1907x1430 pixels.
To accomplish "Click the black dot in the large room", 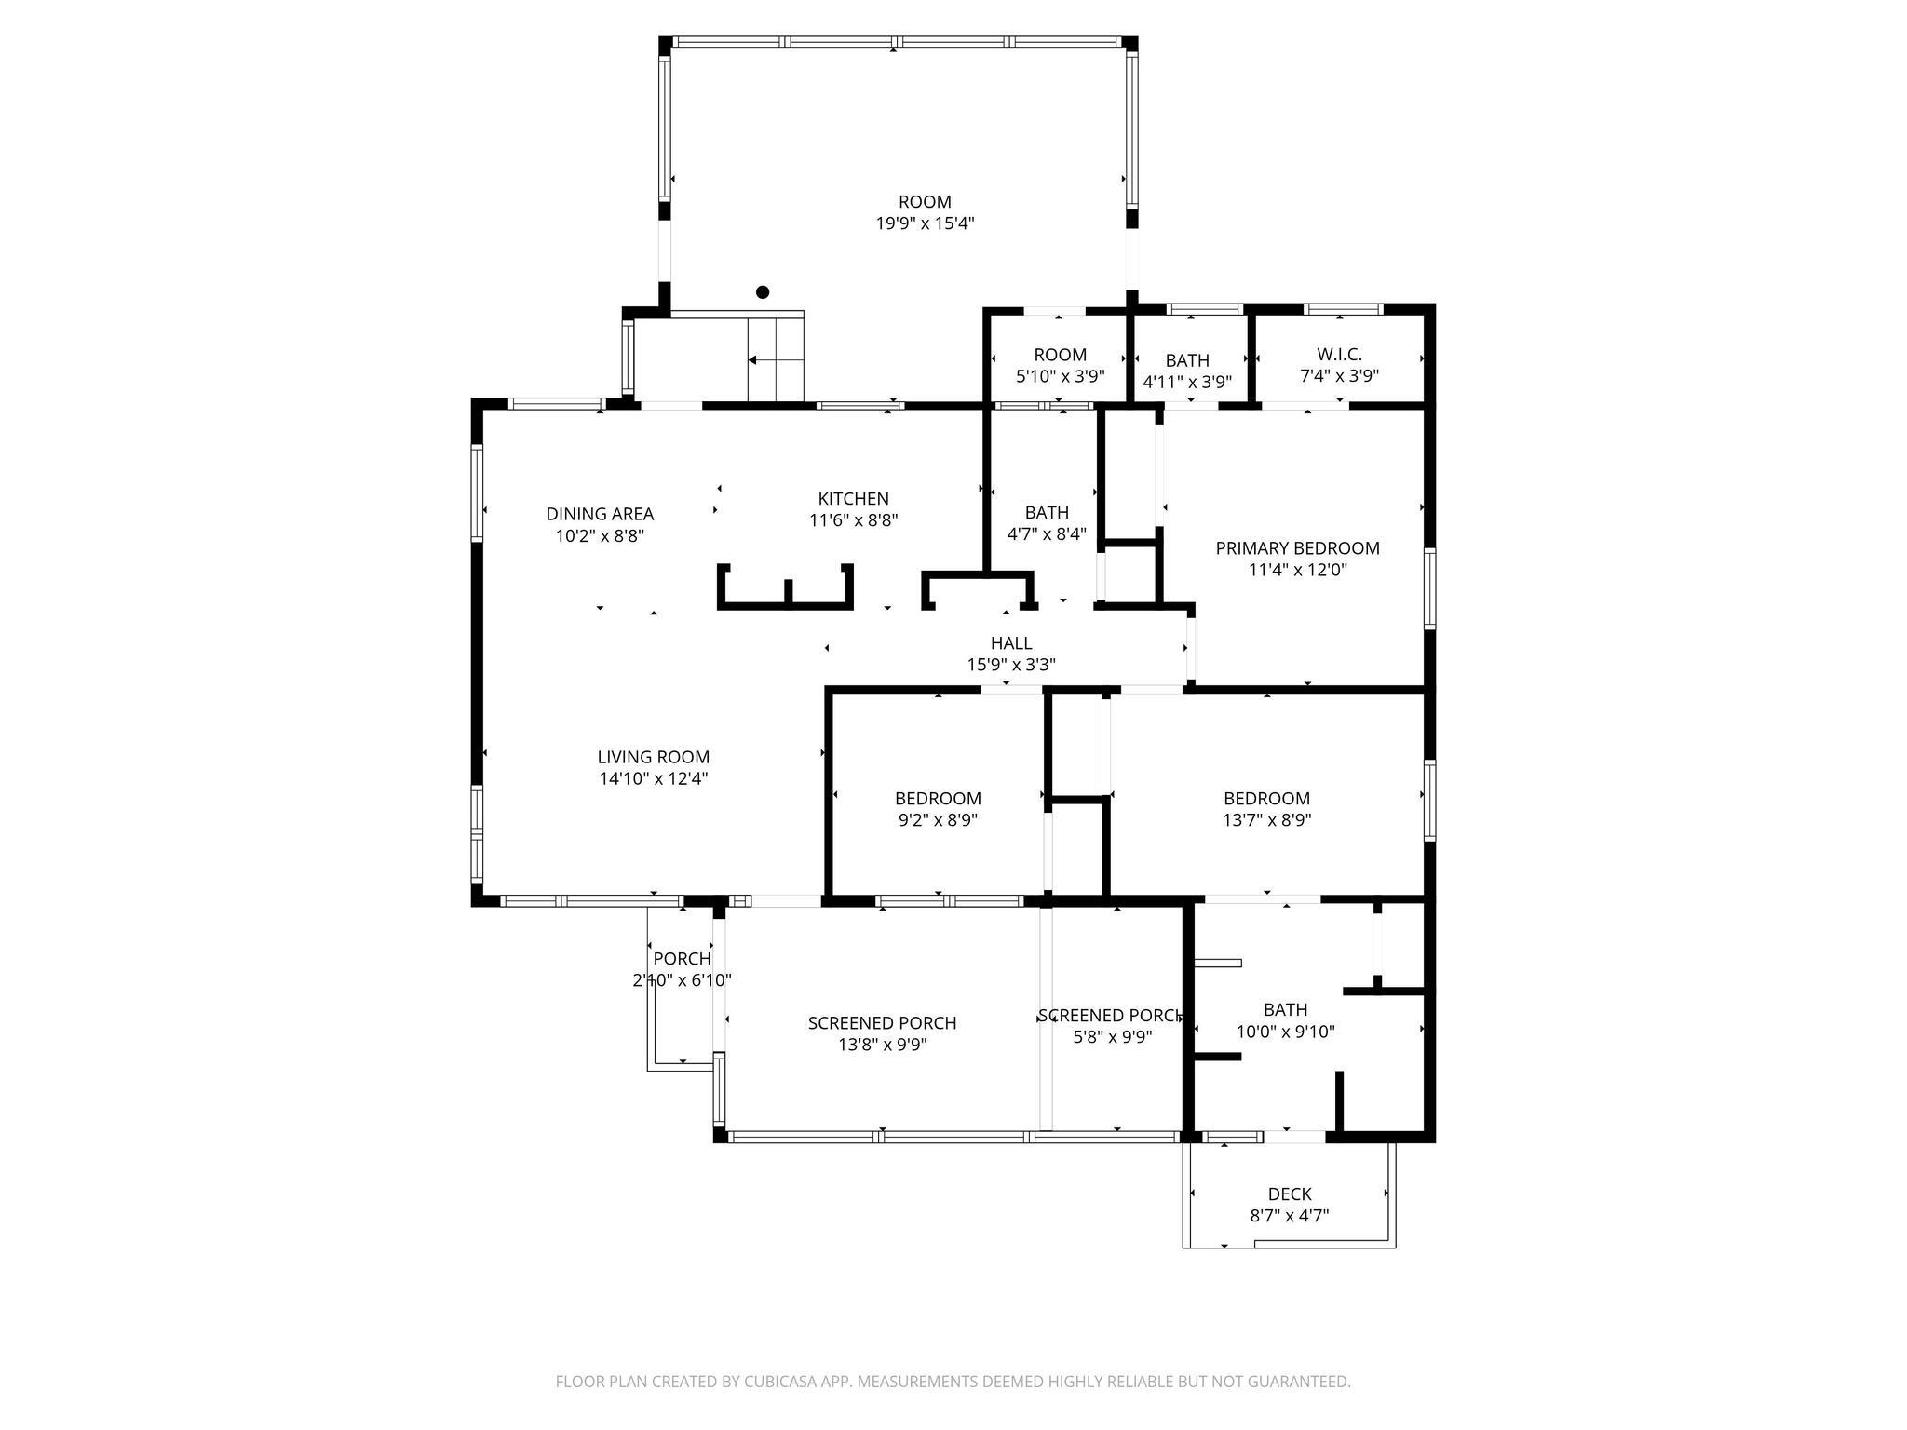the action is pyautogui.click(x=763, y=292).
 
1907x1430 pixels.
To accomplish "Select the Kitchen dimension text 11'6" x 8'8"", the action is pyautogui.click(x=853, y=520).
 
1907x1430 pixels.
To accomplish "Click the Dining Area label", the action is pyautogui.click(x=600, y=514).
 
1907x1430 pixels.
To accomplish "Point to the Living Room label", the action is pyautogui.click(x=654, y=758).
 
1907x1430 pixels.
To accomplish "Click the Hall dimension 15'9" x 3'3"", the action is pyautogui.click(x=1011, y=665).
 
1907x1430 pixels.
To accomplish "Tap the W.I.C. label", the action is pyautogui.click(x=1339, y=355).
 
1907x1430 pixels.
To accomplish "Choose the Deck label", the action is pyautogui.click(x=1290, y=1194).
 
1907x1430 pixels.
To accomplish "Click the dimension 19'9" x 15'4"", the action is pyautogui.click(x=925, y=223).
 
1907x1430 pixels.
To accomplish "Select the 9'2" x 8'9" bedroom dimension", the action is pyautogui.click(x=938, y=820).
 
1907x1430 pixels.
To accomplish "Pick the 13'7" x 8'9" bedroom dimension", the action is pyautogui.click(x=1266, y=820).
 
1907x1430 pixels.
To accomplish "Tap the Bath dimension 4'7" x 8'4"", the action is pyautogui.click(x=1047, y=534).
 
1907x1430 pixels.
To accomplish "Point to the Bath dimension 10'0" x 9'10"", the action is pyautogui.click(x=1285, y=1032).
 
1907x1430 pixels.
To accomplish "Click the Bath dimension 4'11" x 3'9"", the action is pyautogui.click(x=1187, y=382).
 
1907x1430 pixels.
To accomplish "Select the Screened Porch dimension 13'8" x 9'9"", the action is pyautogui.click(x=882, y=1045).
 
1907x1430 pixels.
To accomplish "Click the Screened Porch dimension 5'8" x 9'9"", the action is pyautogui.click(x=1112, y=1037).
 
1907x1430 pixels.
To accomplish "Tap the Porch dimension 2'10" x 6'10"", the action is pyautogui.click(x=682, y=980).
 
